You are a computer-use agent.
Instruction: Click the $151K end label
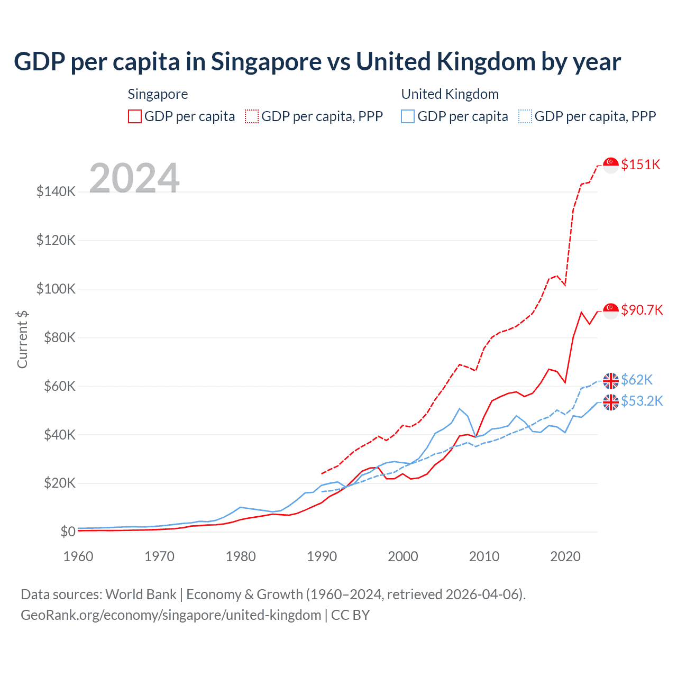tap(641, 164)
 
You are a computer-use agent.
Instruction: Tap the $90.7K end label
tap(642, 310)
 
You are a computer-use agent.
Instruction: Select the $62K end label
tap(637, 380)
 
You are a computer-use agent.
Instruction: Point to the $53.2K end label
tap(642, 401)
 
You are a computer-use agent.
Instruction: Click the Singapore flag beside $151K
tap(611, 165)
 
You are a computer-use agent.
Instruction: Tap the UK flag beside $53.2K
tap(611, 402)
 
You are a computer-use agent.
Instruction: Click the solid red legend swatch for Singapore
tap(135, 116)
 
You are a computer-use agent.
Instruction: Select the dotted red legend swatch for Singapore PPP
tap(252, 116)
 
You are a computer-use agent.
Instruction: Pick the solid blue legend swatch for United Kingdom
tap(408, 116)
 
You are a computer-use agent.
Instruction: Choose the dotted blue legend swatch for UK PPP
tap(525, 116)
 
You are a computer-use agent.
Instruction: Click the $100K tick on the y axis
tap(56, 289)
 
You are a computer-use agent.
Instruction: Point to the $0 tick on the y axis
tap(68, 532)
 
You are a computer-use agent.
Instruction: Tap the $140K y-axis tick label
tap(56, 191)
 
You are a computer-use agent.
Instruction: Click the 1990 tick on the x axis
tap(322, 556)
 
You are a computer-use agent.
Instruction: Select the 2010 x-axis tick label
tap(484, 556)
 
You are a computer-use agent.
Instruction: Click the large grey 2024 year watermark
tap(134, 178)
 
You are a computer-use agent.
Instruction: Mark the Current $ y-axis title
tap(22, 340)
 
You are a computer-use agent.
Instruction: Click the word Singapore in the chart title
tap(266, 62)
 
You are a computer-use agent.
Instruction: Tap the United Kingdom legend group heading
tap(450, 94)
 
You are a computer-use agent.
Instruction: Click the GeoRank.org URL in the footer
tap(171, 615)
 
